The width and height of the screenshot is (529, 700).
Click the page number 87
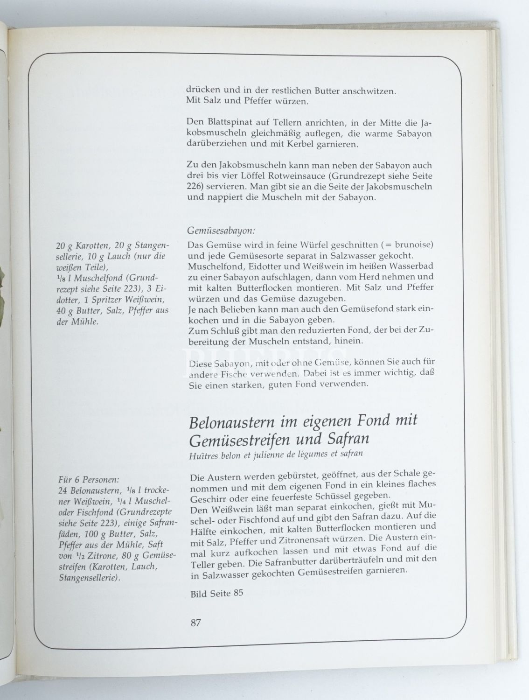(195, 622)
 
